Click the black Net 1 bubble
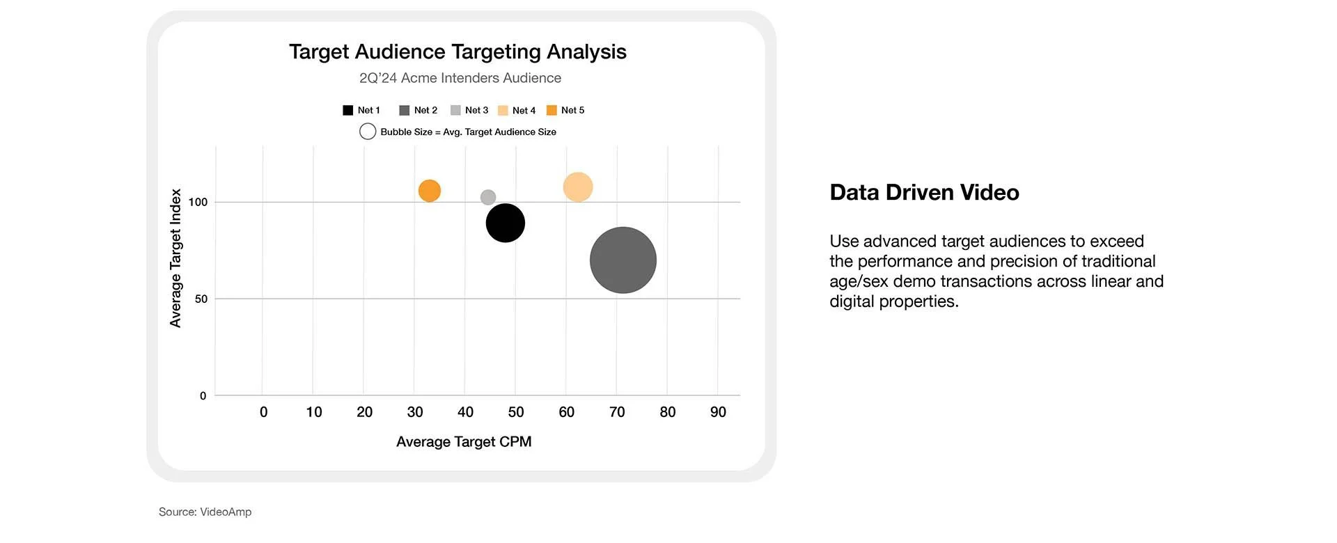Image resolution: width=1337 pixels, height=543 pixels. tap(505, 223)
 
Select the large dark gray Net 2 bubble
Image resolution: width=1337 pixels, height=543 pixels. tap(623, 260)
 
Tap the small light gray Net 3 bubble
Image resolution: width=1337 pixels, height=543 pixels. tap(488, 198)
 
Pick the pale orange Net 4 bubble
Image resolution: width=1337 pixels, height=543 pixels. tap(577, 187)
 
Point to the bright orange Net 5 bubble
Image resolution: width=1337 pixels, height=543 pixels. tap(430, 191)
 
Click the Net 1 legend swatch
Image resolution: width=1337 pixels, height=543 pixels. tap(348, 110)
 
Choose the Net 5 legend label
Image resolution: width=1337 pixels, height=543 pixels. tap(572, 110)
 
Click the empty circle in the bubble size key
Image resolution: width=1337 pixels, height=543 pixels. tap(368, 132)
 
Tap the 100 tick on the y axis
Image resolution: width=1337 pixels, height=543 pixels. tap(198, 202)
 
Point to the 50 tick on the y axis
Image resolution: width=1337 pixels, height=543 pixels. tap(201, 299)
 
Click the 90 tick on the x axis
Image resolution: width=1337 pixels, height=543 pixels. tap(718, 412)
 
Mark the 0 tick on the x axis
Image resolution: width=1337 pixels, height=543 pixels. tap(263, 412)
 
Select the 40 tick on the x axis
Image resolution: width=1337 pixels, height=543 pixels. tap(465, 412)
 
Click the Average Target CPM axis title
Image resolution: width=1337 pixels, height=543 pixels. tap(464, 441)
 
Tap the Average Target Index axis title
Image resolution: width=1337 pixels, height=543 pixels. tap(175, 258)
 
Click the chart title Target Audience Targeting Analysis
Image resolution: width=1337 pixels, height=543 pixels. tap(458, 52)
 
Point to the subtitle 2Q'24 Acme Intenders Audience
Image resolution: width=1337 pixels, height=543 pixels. tap(460, 78)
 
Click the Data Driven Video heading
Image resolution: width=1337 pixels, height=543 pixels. tap(924, 192)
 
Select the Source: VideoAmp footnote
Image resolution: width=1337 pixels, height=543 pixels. tap(205, 512)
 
